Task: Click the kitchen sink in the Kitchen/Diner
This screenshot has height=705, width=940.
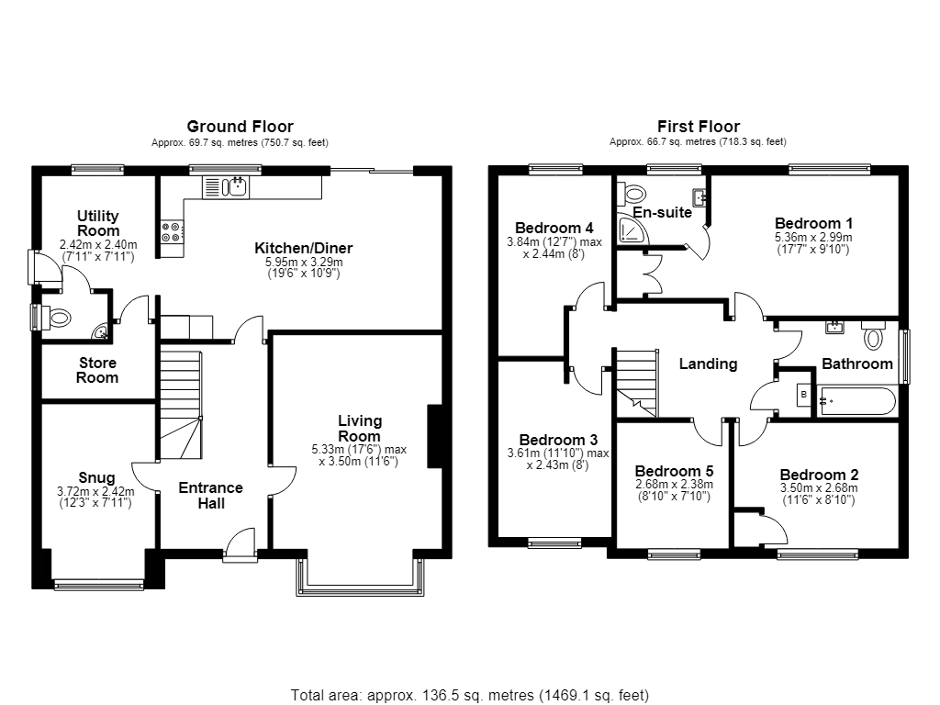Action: pos(227,187)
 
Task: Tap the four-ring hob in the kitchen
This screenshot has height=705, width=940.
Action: pos(172,231)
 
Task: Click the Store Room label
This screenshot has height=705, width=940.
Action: pos(97,371)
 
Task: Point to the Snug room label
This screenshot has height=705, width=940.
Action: pos(96,477)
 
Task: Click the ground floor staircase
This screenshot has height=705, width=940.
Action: pos(181,405)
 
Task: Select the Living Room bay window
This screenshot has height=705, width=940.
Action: pos(360,578)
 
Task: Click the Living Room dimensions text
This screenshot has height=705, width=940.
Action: pos(359,455)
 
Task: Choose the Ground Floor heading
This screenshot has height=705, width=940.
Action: pos(240,127)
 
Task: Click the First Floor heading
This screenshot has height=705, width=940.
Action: pos(699,127)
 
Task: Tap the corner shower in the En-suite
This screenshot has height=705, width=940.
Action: pos(632,230)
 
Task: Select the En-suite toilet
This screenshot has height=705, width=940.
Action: pos(632,193)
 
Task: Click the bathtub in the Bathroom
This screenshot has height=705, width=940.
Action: pos(857,401)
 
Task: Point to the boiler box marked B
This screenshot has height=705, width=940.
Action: pos(804,395)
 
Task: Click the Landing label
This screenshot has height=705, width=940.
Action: pos(708,364)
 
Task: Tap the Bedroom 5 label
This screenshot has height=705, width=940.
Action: pos(674,471)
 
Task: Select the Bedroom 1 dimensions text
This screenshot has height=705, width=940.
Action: pos(813,243)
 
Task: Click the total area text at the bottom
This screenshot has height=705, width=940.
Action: pos(470,696)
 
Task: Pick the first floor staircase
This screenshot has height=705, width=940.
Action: pos(637,384)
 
